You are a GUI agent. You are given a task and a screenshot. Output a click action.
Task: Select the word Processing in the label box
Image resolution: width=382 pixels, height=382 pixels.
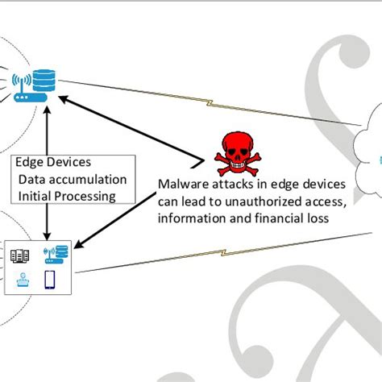[87, 195]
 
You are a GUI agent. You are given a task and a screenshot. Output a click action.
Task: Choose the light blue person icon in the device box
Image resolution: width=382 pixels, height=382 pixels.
[23, 281]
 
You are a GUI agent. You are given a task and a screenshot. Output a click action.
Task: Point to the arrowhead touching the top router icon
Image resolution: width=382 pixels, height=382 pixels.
[69, 100]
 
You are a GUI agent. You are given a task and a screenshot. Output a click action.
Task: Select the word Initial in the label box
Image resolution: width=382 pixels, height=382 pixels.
[35, 195]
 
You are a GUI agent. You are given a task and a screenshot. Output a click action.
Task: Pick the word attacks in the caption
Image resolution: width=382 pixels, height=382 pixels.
[223, 185]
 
